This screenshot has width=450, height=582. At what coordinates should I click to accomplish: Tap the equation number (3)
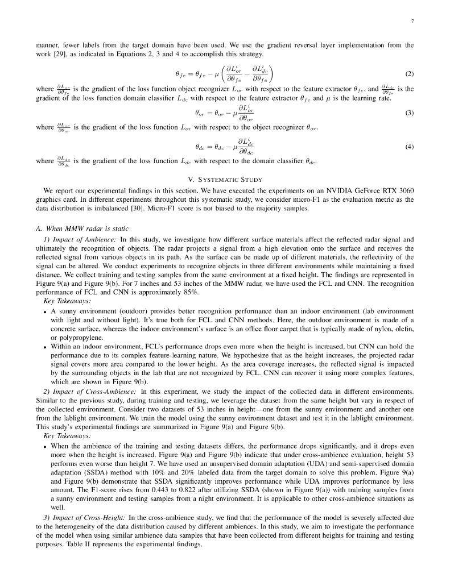pos(408,113)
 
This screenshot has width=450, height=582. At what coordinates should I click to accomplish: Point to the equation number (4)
pos(408,147)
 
